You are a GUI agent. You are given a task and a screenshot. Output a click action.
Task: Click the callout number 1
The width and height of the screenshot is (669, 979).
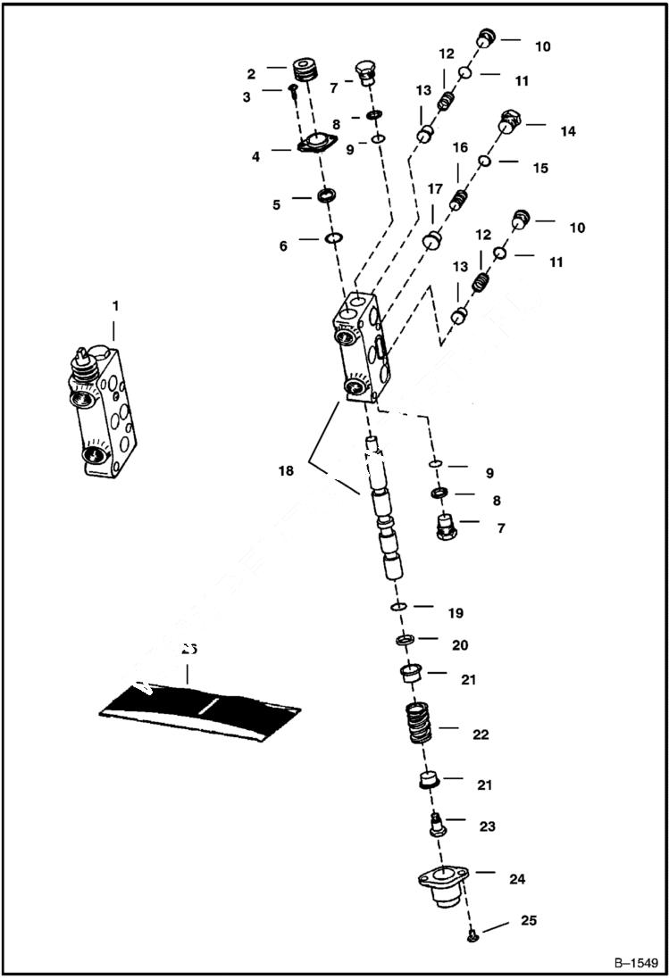click(115, 306)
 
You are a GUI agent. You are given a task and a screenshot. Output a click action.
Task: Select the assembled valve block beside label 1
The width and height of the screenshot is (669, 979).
click(104, 411)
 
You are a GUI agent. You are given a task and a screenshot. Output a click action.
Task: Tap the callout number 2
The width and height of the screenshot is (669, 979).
click(251, 73)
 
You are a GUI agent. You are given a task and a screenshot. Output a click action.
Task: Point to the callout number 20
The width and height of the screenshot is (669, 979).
click(460, 645)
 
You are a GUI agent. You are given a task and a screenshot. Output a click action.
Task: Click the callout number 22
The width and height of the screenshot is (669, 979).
click(481, 735)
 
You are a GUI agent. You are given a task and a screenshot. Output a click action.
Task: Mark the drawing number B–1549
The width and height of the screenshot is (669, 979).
click(636, 964)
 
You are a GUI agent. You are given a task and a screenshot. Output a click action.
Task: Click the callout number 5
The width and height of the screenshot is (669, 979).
click(278, 205)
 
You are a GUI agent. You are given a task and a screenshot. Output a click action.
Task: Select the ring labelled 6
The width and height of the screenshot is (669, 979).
click(334, 238)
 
